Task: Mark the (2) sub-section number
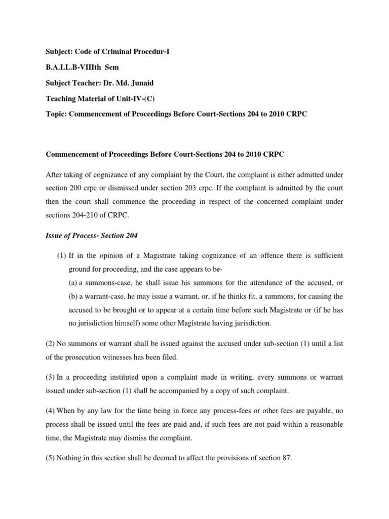click(51, 344)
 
